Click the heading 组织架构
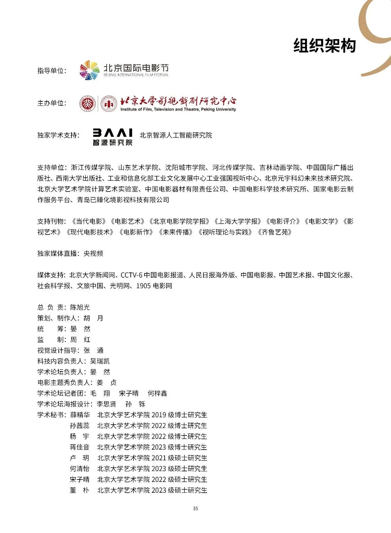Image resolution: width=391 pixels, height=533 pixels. tap(324, 46)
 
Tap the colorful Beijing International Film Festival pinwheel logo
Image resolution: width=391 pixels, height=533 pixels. tap(90, 70)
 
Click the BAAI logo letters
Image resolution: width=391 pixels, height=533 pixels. tap(112, 133)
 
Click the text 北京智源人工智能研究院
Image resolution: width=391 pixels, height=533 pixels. tap(176, 135)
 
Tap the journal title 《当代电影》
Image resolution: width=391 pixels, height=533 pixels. tap(89, 221)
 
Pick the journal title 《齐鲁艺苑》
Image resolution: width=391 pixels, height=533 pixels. tap(275, 232)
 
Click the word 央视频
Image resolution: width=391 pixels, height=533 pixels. tap(93, 254)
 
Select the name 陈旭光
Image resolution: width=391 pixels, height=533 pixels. tap(80, 307)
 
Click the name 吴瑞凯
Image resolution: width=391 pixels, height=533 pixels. tap(100, 361)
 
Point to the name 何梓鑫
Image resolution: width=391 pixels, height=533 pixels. tap(157, 393)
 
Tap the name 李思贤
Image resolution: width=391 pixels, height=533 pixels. tap(106, 404)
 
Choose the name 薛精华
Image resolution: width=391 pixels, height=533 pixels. tap(80, 415)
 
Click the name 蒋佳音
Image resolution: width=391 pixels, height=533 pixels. tap(80, 447)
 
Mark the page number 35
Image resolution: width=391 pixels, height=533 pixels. tap(195, 508)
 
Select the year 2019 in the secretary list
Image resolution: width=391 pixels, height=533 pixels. tap(159, 415)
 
